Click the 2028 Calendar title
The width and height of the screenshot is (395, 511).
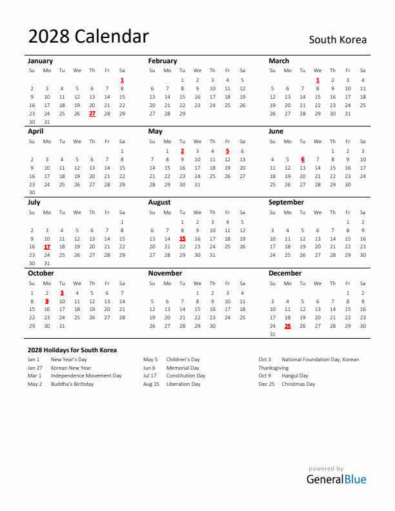88,37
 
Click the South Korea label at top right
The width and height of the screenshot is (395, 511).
338,40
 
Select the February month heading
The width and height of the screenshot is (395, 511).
162,61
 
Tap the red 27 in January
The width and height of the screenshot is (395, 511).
92,114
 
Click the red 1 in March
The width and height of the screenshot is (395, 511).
318,80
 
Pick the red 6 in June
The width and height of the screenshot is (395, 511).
303,159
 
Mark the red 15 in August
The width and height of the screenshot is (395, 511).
182,238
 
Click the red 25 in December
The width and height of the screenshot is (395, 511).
287,326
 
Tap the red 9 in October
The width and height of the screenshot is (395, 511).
46,301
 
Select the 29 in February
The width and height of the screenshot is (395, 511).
182,114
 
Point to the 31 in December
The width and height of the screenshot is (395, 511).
272,334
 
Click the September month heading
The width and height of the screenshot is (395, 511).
286,202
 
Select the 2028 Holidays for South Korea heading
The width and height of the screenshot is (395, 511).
72,350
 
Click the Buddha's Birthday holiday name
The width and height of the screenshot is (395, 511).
72,384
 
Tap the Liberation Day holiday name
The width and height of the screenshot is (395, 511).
183,384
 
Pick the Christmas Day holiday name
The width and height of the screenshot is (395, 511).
298,384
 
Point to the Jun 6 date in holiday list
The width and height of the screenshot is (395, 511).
149,368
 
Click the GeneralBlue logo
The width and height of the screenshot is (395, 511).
336,479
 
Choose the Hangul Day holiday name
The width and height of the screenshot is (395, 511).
295,376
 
